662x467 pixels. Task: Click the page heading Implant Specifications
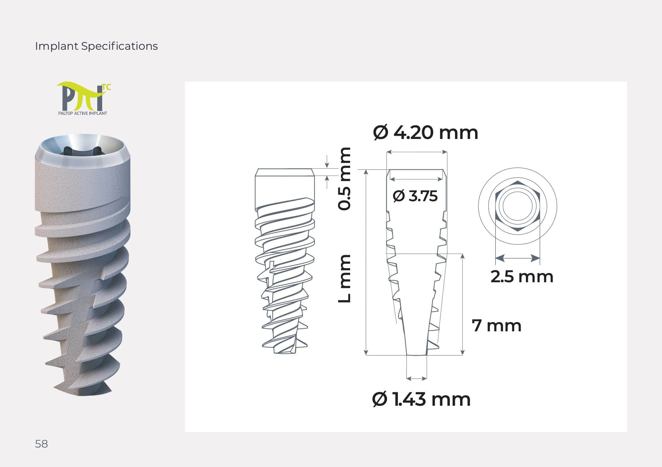(x=96, y=46)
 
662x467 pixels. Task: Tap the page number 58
(x=42, y=444)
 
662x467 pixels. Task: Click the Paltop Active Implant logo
(x=83, y=99)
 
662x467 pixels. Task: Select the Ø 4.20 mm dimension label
(x=426, y=133)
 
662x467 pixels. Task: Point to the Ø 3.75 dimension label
(x=415, y=196)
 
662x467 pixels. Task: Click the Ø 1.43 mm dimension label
(x=421, y=399)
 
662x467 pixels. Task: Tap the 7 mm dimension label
(x=496, y=326)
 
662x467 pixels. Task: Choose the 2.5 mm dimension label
(x=522, y=277)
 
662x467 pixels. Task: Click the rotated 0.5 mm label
(x=345, y=179)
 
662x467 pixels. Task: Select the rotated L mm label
(x=345, y=279)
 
